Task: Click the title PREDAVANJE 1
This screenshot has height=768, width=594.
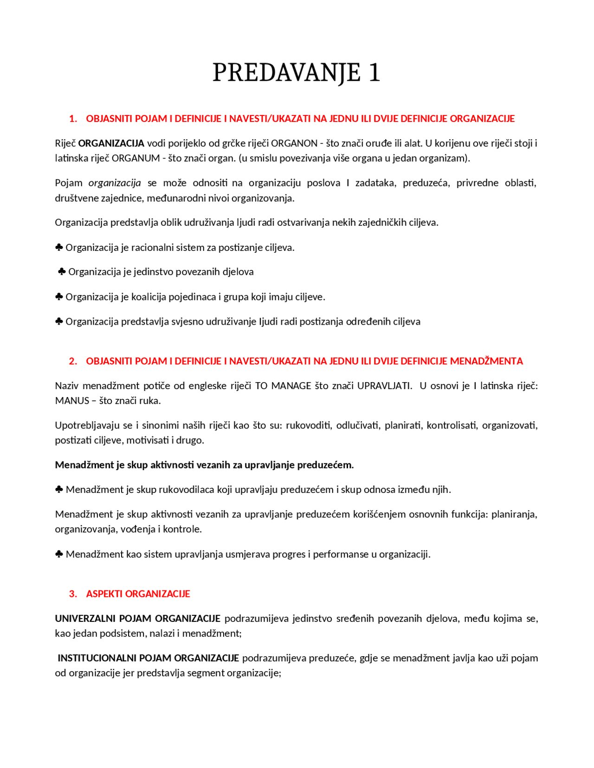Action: click(x=296, y=73)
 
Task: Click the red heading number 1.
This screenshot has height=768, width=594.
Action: click(x=72, y=119)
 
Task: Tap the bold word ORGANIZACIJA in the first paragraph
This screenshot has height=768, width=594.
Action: click(x=111, y=143)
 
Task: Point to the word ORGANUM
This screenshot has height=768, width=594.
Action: click(x=136, y=158)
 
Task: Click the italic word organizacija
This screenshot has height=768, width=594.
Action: click(x=115, y=183)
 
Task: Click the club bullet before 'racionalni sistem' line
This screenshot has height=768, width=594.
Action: click(x=59, y=248)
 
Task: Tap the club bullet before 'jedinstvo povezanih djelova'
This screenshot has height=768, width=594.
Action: click(x=62, y=272)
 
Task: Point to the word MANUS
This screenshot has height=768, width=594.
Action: click(x=72, y=401)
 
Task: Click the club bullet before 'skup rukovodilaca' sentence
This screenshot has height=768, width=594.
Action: click(x=59, y=490)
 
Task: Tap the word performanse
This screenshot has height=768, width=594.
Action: click(x=341, y=554)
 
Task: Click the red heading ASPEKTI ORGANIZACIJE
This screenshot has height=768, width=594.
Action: click(x=138, y=594)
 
